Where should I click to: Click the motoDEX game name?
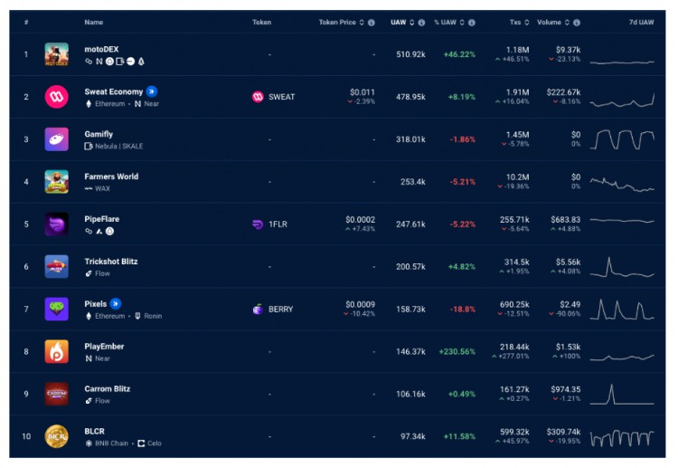101,49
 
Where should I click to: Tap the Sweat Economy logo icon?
56,97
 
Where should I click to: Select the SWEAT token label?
281,97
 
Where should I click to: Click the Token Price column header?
342,22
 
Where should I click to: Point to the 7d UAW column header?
640,22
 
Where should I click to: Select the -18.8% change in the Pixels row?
464,310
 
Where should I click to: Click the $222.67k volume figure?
563,91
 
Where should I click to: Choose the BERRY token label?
280,310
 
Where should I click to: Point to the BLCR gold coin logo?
56,437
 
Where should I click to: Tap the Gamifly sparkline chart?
622,139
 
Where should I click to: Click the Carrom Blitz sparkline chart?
622,395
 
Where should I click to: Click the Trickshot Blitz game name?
111,262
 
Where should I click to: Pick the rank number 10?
26,437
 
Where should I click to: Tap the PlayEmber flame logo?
56,352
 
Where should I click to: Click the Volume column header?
549,22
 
